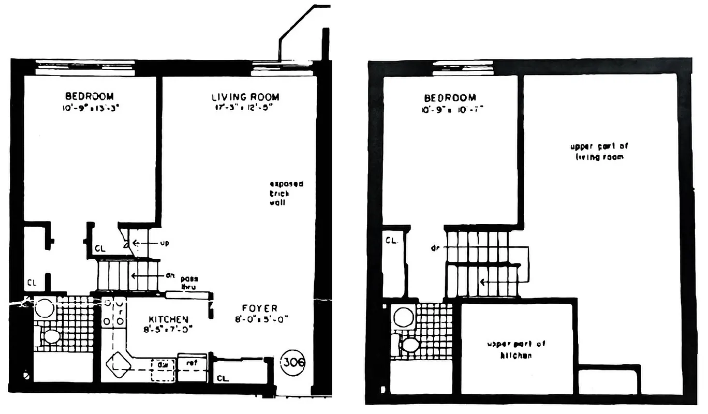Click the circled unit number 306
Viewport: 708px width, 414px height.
[x=293, y=362]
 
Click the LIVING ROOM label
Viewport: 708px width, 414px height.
[x=245, y=97]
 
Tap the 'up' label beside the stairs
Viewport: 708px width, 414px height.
[x=165, y=242]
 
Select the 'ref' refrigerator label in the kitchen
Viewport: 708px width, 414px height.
[x=191, y=363]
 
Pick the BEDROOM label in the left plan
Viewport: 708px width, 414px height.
[x=89, y=96]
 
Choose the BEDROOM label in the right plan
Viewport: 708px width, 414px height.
[x=450, y=97]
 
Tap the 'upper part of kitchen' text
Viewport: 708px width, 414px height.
[x=517, y=349]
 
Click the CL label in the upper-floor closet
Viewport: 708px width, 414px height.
[x=391, y=240]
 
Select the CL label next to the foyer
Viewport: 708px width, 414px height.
[x=223, y=378]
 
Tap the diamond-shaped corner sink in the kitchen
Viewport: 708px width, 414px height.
[x=117, y=363]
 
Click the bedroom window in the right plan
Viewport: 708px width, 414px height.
[x=462, y=68]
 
